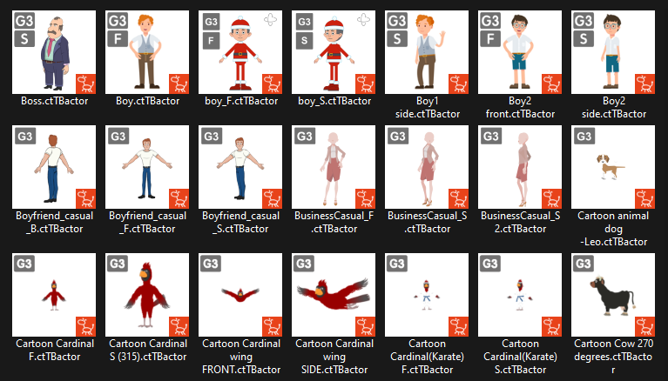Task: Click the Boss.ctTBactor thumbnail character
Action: click(x=55, y=53)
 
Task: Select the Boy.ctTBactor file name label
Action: click(x=148, y=101)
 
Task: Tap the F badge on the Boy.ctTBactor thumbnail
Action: click(x=118, y=39)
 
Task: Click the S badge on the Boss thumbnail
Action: click(x=24, y=39)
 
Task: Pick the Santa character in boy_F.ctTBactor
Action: click(x=240, y=54)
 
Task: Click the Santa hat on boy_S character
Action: click(x=334, y=23)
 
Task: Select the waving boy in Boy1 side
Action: click(x=428, y=51)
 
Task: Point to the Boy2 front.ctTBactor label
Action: click(x=520, y=108)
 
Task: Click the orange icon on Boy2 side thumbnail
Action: click(x=645, y=84)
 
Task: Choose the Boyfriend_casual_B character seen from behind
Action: click(x=54, y=169)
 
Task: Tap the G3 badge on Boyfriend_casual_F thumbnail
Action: click(x=118, y=137)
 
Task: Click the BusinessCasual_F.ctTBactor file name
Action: click(x=334, y=222)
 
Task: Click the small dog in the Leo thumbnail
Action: click(x=610, y=166)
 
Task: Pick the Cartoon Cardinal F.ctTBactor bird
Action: click(x=54, y=295)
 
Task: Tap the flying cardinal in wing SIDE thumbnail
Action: click(x=334, y=294)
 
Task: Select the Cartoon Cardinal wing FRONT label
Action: click(x=241, y=357)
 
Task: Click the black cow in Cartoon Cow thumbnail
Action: click(x=612, y=296)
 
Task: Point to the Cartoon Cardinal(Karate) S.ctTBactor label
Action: click(x=520, y=357)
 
